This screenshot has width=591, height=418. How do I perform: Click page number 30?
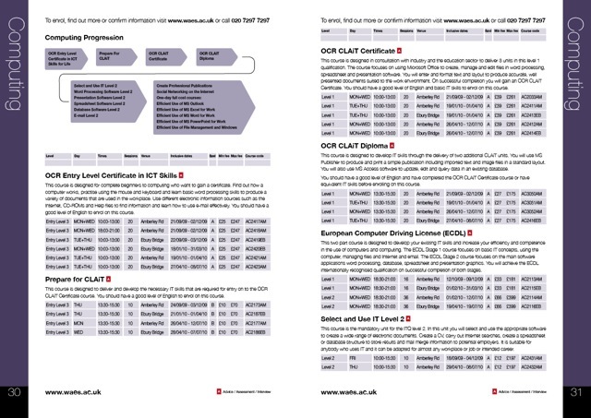click(x=14, y=392)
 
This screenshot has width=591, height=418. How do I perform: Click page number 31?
click(x=575, y=392)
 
